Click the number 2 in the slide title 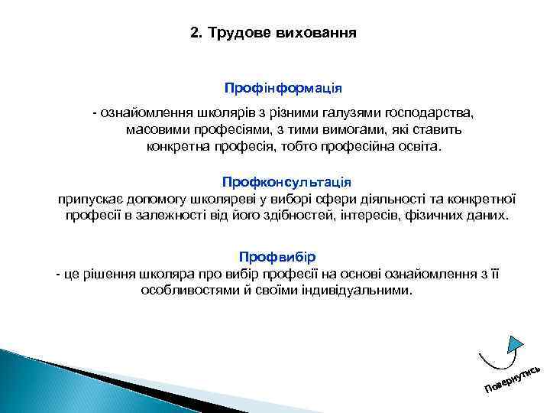pos(193,34)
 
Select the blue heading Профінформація pos(283,89)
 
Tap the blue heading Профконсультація pos(286,182)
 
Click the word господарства pos(429,113)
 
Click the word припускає pos(89,199)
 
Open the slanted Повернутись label pos(513,379)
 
